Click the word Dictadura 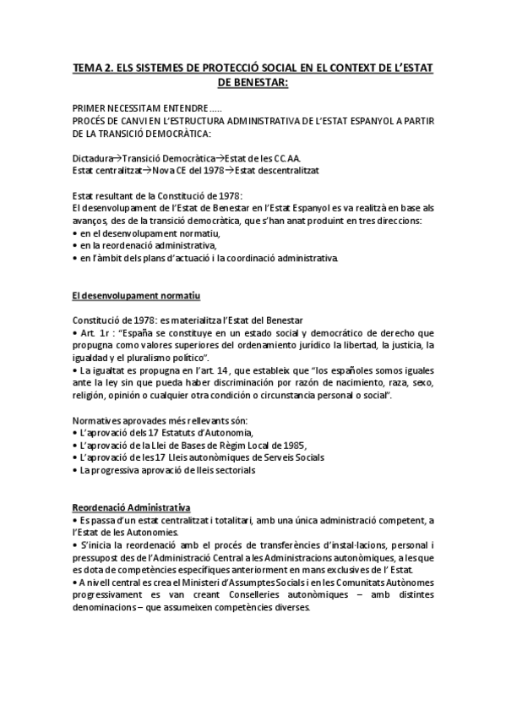pos(94,158)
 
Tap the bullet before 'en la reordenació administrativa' pos(75,244)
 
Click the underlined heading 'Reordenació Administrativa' pos(130,506)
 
